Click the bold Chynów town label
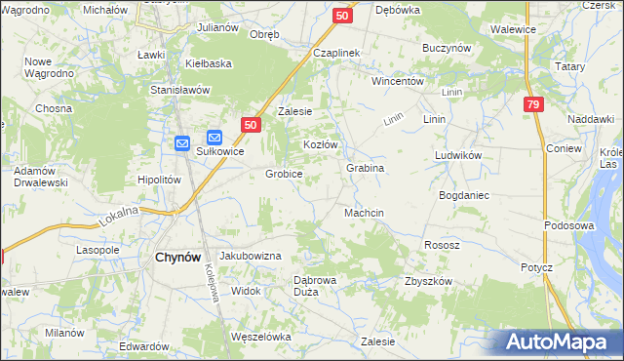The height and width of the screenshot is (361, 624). (x=178, y=257)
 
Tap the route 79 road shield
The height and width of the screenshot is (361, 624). (x=532, y=105)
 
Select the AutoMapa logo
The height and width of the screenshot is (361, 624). (x=559, y=342)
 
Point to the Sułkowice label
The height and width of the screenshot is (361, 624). (x=219, y=152)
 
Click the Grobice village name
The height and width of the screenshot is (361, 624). (x=284, y=175)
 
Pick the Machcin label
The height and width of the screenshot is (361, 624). (x=364, y=213)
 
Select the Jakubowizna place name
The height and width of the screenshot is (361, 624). (x=251, y=256)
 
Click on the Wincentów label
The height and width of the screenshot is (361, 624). (x=397, y=82)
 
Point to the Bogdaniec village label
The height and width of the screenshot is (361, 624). (x=464, y=195)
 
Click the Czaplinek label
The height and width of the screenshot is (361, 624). (x=337, y=53)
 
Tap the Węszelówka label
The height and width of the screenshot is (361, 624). (x=261, y=337)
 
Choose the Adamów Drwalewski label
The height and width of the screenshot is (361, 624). (x=40, y=177)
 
